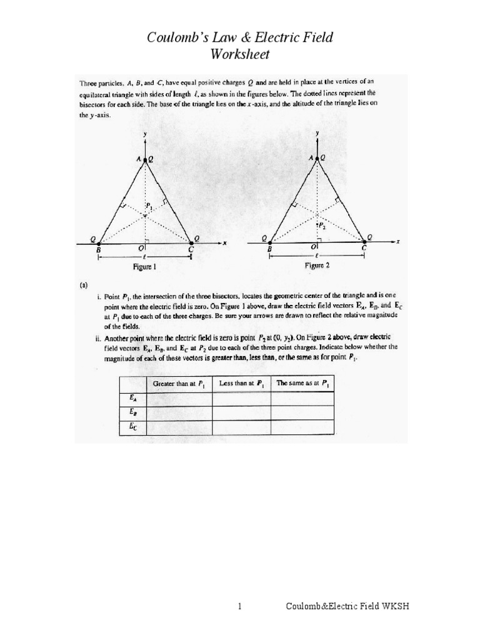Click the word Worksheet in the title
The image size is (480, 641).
point(240,54)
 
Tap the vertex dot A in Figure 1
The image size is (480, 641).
point(146,160)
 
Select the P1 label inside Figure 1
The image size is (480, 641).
point(149,205)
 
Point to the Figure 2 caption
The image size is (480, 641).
point(316,265)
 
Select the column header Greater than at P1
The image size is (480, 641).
point(177,382)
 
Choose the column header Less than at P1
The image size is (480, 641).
point(241,382)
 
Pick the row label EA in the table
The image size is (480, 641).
point(132,397)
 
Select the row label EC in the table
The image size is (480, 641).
point(132,427)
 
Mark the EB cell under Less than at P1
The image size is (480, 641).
point(241,413)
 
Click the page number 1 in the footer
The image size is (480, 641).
point(240,607)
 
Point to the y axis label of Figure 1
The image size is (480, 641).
point(146,135)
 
